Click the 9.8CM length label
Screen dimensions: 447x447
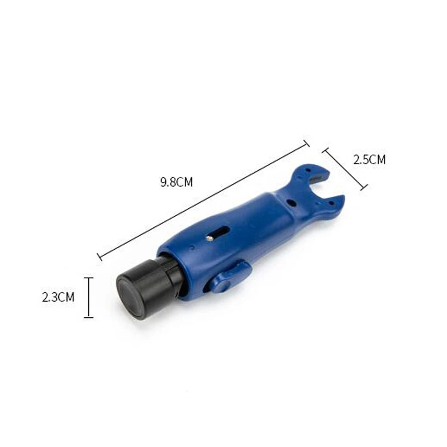coord(177,182)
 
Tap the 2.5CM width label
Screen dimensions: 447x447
coord(369,160)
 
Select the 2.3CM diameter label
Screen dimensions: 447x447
coord(58,297)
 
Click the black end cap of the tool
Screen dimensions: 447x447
coord(148,286)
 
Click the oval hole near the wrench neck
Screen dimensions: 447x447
coord(292,203)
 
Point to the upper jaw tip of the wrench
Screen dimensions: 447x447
coord(328,173)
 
